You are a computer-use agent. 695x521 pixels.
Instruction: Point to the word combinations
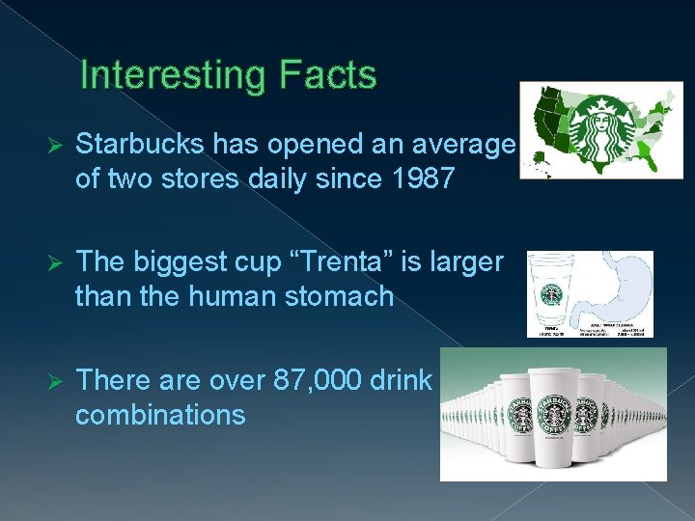(160, 415)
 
